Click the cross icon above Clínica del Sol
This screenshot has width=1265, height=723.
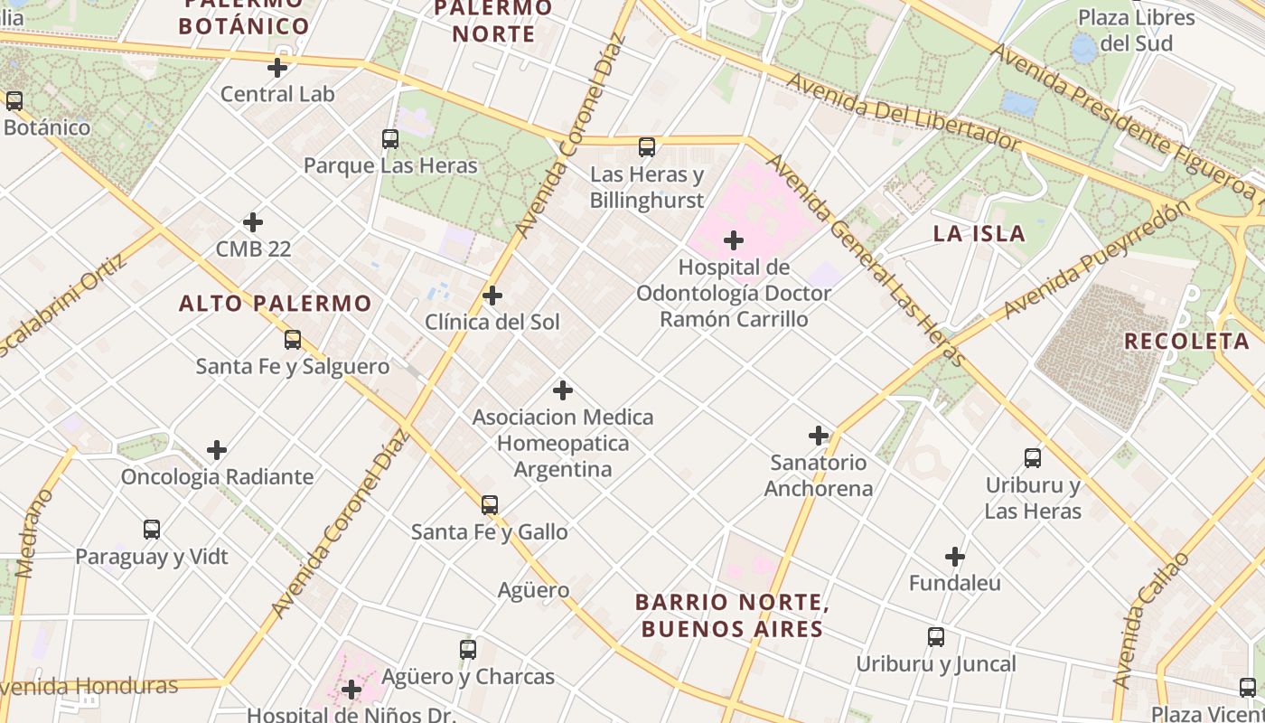pos(492,296)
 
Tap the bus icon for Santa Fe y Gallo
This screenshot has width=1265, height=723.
pos(490,505)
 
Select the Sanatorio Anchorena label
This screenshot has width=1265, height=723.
pos(819,475)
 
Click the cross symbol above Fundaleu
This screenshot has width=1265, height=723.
pos(955,557)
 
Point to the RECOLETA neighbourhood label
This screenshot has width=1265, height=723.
pos(1186,342)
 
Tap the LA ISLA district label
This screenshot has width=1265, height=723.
pos(979,234)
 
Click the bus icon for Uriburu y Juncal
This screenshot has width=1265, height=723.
pos(936,637)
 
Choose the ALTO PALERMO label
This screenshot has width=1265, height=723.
pos(275,304)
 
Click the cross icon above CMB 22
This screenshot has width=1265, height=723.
pos(253,222)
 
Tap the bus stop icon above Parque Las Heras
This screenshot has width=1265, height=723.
pos(390,139)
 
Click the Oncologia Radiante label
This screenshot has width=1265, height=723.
pos(217,476)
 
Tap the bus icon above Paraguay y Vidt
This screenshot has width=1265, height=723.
pos(152,530)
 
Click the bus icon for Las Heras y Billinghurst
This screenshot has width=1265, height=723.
pos(647,147)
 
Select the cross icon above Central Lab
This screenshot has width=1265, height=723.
pos(277,68)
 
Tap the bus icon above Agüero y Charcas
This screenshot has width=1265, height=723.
pos(468,650)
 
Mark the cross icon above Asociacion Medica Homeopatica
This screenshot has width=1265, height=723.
pos(563,390)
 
